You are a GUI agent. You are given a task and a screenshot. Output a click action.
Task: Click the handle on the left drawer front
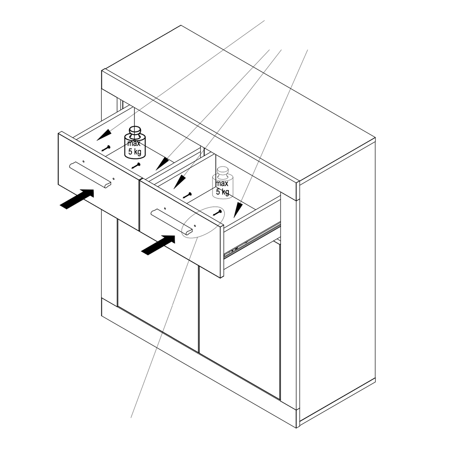[x=90, y=175]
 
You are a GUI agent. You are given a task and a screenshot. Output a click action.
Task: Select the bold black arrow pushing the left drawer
[x=77, y=199]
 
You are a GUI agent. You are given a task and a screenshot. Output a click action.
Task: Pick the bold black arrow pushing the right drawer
[x=158, y=245]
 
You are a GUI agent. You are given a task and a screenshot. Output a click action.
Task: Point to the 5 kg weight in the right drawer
[x=223, y=182]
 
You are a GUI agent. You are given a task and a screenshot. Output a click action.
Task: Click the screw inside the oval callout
[x=217, y=212]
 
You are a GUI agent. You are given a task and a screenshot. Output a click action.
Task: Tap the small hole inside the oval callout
[x=194, y=226]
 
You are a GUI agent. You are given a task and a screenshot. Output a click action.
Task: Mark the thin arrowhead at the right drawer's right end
[x=238, y=210]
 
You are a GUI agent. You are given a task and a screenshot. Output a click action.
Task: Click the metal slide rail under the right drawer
[x=252, y=240]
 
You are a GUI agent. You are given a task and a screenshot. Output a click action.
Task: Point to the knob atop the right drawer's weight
[x=223, y=172]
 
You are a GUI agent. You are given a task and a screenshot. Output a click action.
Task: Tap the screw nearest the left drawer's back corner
[x=106, y=148]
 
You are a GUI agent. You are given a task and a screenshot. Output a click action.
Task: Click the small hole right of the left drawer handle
[x=114, y=179]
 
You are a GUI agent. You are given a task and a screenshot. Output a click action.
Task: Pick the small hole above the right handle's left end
[x=165, y=209]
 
